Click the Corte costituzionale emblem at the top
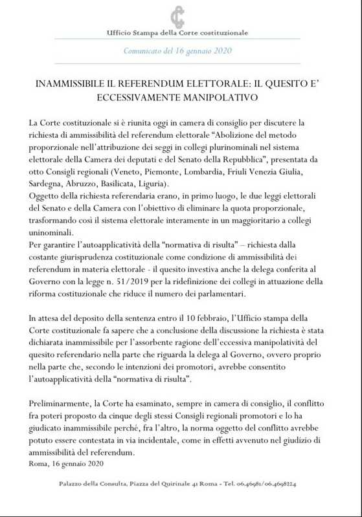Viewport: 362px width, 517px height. click(177, 16)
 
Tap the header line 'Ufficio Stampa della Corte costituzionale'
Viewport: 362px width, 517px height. click(177, 33)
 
